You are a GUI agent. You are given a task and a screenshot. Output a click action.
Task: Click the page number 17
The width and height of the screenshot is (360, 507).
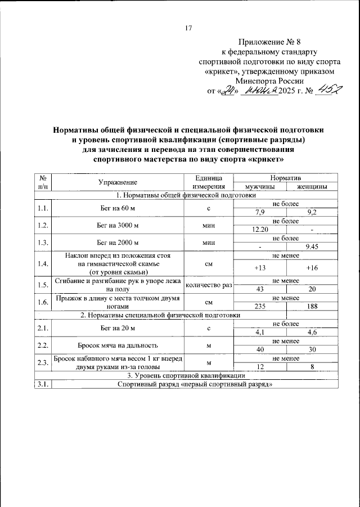(x=188, y=29)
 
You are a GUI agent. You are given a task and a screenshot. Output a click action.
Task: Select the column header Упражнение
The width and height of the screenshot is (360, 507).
(x=118, y=182)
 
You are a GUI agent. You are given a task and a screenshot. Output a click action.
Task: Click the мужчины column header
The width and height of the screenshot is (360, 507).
(x=260, y=187)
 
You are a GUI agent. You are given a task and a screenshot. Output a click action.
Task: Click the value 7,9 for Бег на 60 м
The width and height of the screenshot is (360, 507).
(x=260, y=212)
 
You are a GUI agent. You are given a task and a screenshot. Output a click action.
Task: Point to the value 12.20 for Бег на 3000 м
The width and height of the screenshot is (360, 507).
(x=260, y=229)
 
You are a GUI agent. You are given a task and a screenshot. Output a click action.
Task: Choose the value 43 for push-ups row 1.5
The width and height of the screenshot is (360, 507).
(x=260, y=289)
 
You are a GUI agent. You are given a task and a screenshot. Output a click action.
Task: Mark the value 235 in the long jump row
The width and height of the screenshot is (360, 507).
(x=260, y=306)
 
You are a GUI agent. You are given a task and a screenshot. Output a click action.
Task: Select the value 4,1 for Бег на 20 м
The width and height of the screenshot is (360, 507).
(x=260, y=332)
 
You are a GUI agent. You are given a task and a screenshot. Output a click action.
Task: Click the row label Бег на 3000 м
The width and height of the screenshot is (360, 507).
(x=118, y=225)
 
